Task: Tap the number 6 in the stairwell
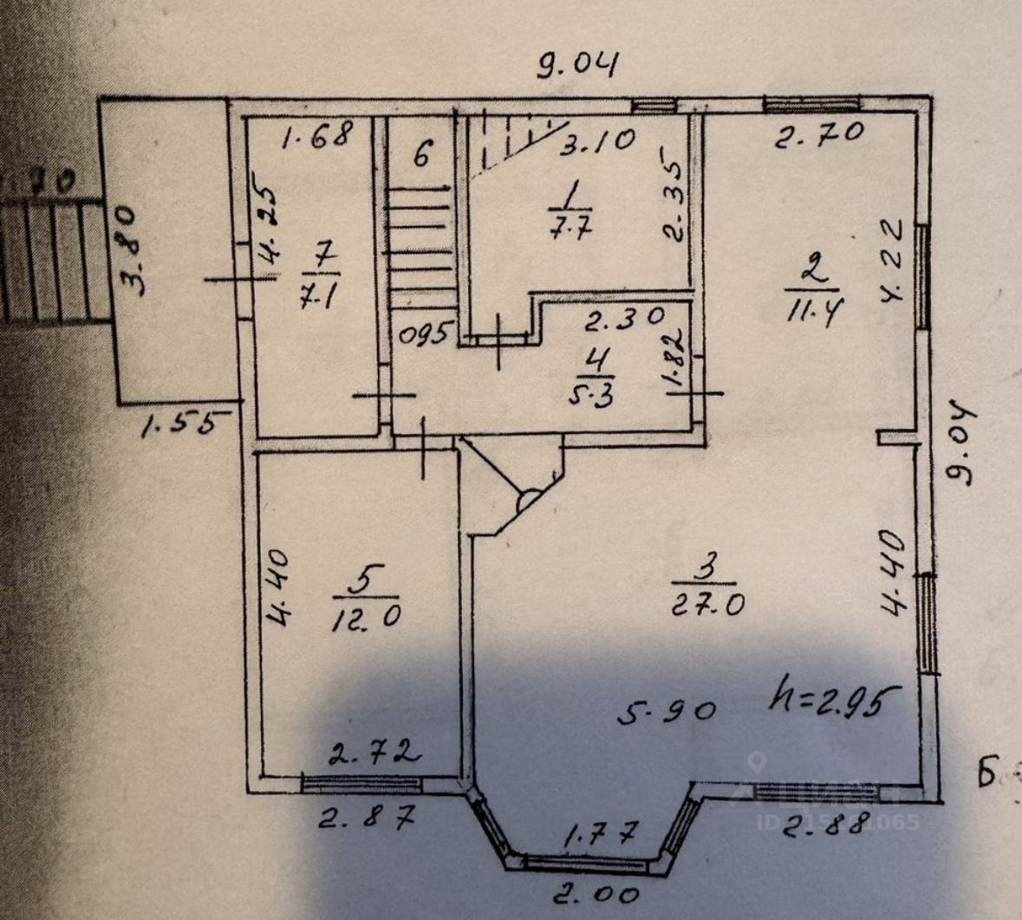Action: coord(420,156)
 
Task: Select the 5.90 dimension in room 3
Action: coord(667,711)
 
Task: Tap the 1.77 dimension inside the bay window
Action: coord(601,836)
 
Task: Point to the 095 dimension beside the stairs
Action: coord(424,332)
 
